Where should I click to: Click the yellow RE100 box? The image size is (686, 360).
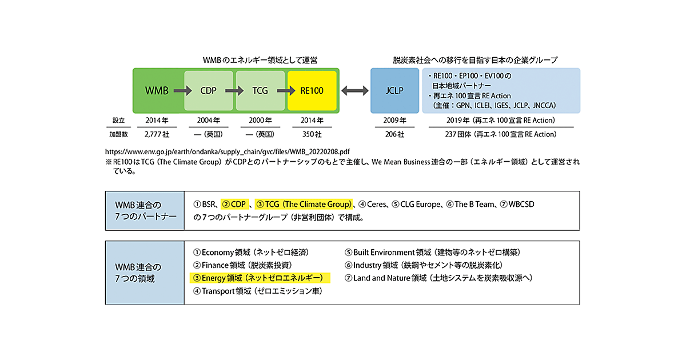click(312, 90)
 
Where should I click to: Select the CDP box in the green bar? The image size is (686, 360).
click(208, 90)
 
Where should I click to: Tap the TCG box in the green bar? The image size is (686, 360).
click(260, 90)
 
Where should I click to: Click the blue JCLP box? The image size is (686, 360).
click(394, 90)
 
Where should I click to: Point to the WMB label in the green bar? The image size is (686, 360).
click(157, 90)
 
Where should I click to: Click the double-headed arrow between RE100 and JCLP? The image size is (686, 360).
click(354, 90)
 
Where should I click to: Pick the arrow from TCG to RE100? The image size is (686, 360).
click(286, 90)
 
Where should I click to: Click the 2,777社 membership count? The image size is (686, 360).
click(157, 134)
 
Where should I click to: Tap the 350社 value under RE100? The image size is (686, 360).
click(312, 134)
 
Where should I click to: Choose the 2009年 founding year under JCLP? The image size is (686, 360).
click(394, 121)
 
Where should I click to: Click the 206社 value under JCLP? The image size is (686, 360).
click(394, 134)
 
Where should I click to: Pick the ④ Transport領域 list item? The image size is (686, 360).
click(257, 291)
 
